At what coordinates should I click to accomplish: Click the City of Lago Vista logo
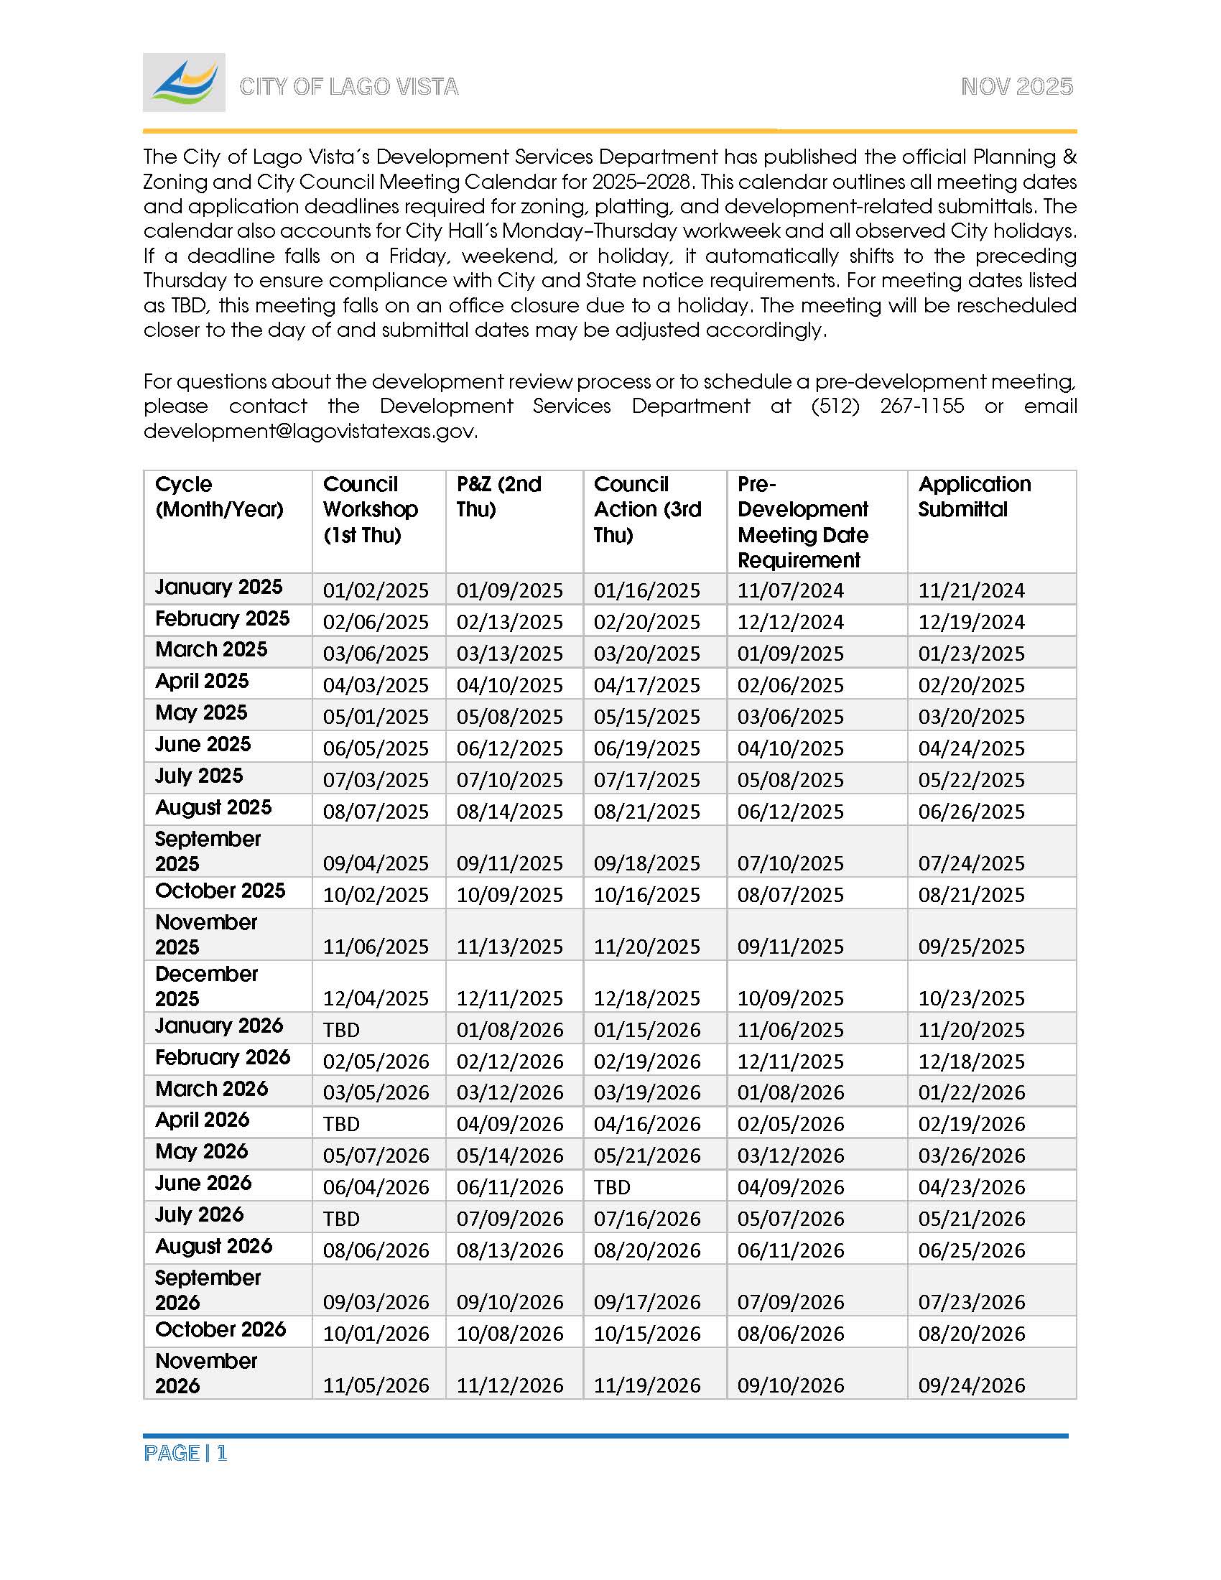(184, 83)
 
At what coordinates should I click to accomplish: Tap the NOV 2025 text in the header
(1016, 87)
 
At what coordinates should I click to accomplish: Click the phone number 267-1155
(921, 406)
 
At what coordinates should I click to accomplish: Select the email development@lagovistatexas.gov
(310, 431)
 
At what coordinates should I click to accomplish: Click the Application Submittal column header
(975, 496)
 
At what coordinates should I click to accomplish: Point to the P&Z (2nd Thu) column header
(498, 496)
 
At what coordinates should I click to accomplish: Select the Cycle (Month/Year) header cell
(219, 496)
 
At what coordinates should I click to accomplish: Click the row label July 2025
(199, 776)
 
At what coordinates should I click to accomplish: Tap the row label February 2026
(222, 1057)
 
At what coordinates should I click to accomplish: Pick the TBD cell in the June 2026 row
(612, 1187)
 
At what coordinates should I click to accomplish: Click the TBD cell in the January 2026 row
(341, 1029)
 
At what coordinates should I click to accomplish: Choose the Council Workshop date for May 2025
(376, 717)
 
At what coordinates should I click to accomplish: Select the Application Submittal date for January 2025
(971, 590)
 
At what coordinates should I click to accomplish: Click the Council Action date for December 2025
(646, 998)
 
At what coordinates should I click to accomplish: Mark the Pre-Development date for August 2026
(791, 1250)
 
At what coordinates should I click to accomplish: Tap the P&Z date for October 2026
(509, 1334)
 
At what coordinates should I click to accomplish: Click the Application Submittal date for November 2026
(972, 1385)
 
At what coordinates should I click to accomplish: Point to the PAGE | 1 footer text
(185, 1454)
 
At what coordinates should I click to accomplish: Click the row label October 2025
(220, 891)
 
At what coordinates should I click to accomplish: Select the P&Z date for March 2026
(509, 1092)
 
